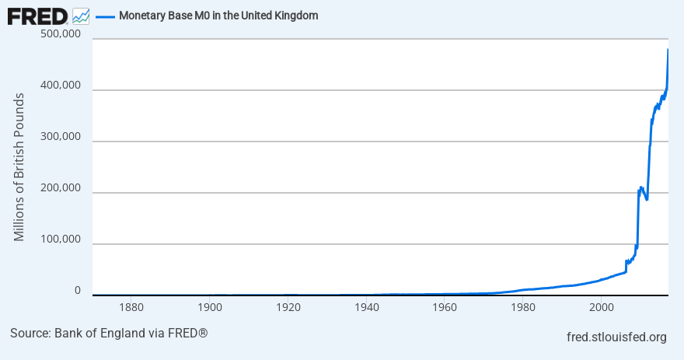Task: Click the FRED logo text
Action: [37, 16]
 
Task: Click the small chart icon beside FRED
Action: [80, 16]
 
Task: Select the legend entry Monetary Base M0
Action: [218, 16]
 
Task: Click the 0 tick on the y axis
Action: [77, 291]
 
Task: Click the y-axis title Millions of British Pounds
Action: [19, 166]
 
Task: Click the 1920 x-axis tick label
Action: [288, 308]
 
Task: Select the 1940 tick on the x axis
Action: [366, 308]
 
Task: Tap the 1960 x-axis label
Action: [444, 308]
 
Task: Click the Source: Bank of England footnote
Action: [109, 334]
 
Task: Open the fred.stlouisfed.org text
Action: [618, 337]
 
